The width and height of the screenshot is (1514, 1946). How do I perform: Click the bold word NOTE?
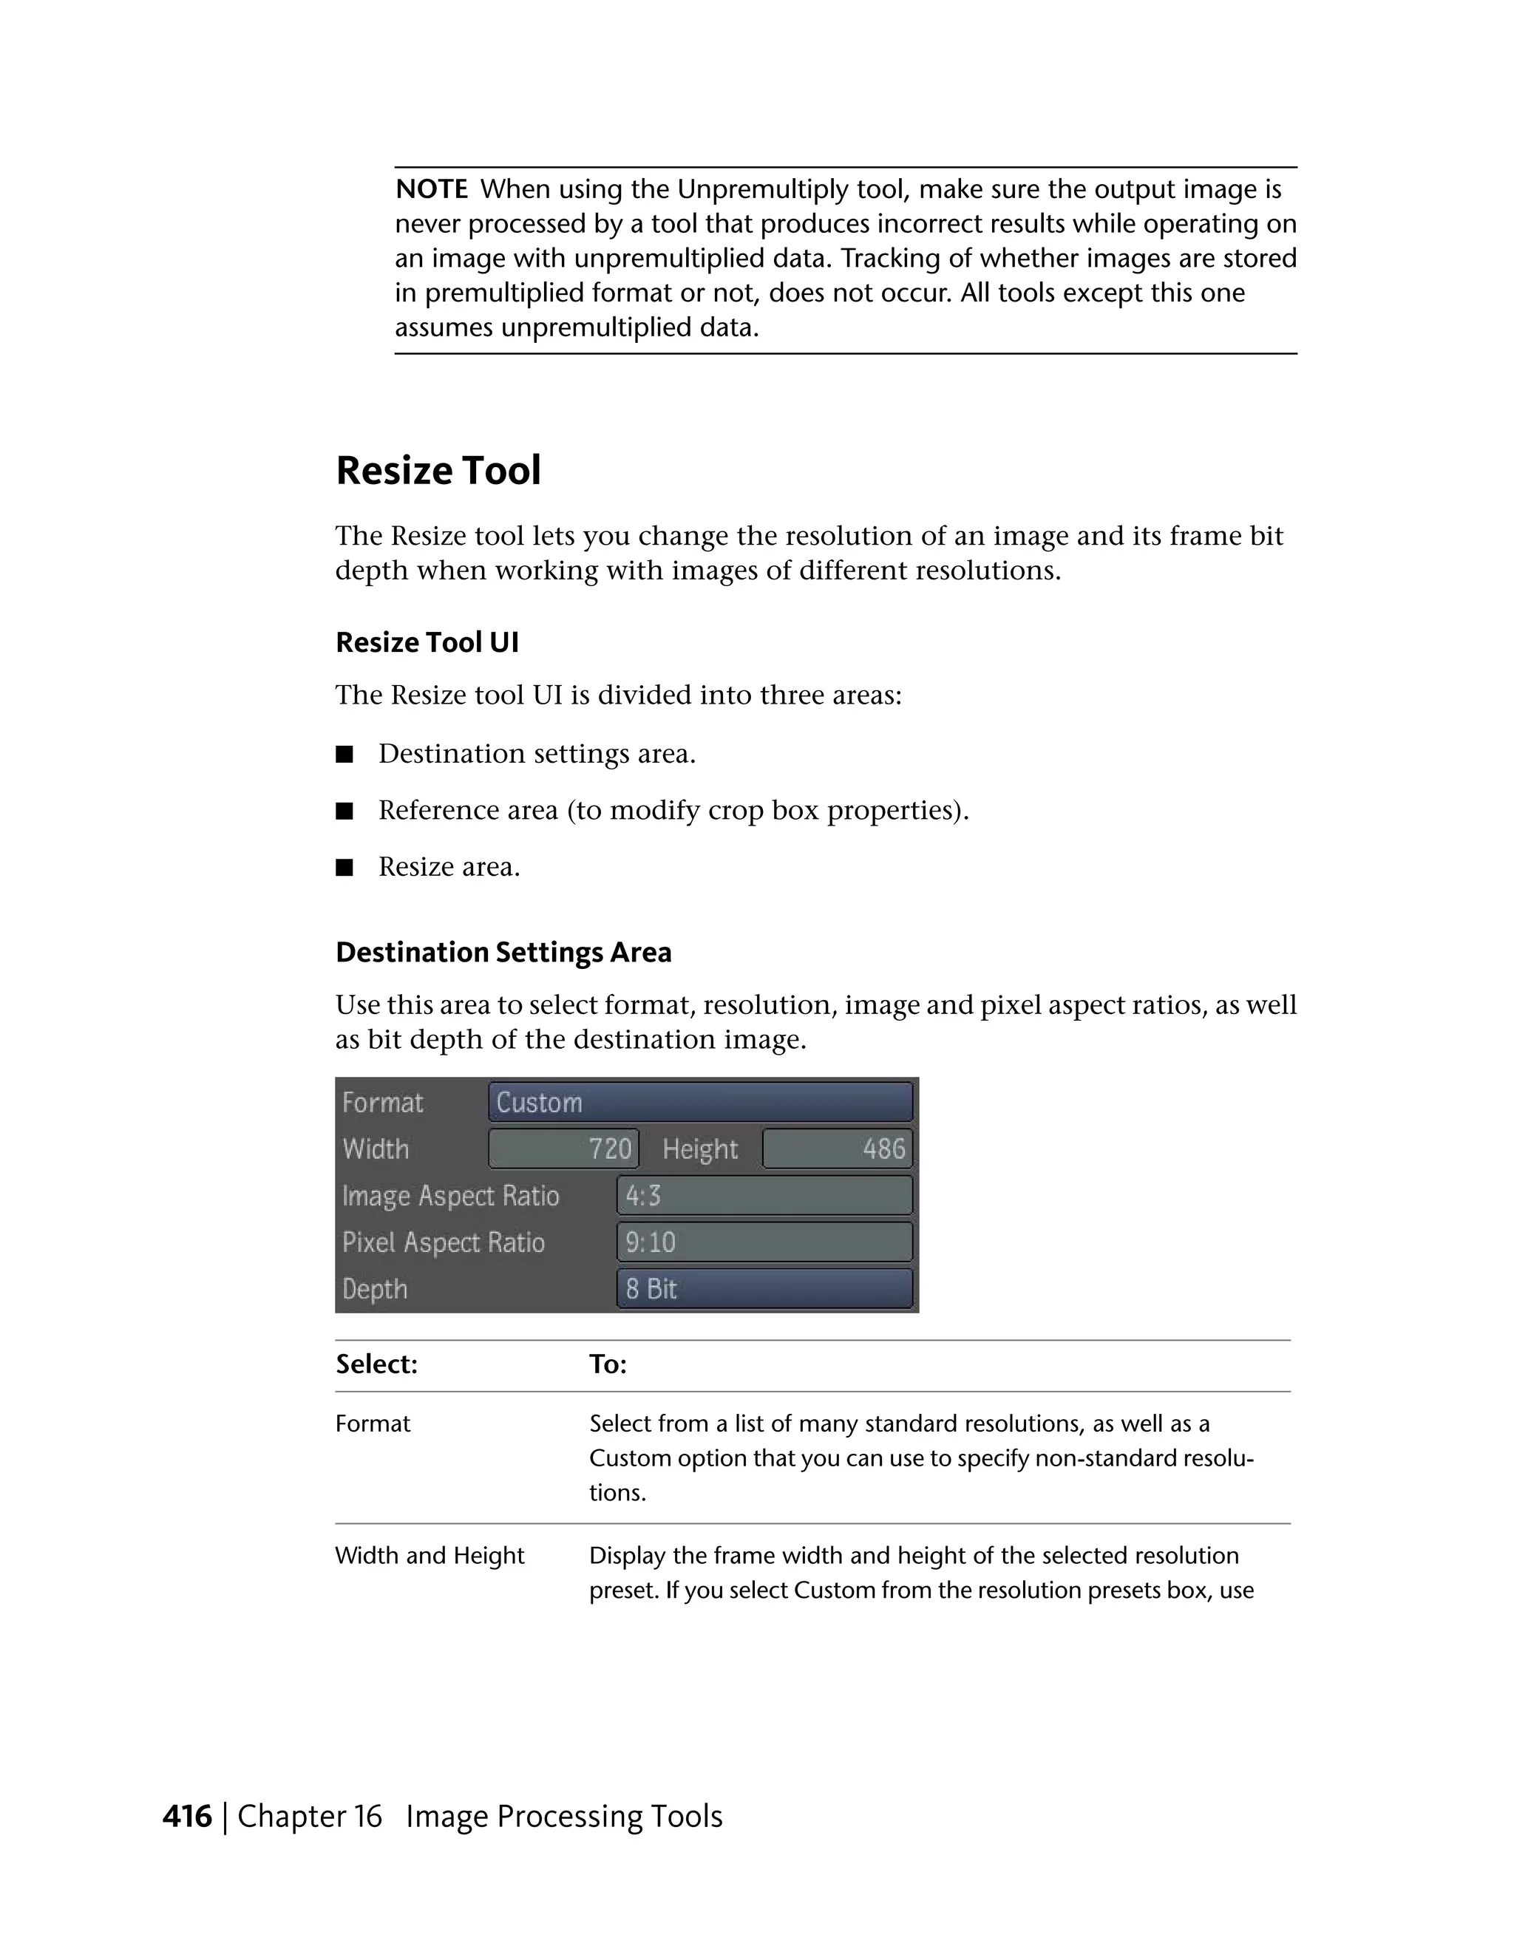431,189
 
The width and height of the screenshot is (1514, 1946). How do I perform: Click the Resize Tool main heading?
438,471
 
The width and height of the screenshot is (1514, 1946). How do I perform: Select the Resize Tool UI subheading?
427,642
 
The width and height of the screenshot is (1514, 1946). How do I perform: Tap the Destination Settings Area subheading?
503,953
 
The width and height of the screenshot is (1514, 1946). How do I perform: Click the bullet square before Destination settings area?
344,755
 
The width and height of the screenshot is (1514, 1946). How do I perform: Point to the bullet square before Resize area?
344,867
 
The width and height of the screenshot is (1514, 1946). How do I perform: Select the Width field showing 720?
563,1149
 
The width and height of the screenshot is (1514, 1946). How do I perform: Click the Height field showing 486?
837,1149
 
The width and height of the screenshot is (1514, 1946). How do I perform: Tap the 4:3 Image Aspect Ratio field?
764,1195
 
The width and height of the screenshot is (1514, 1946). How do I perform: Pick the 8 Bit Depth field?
764,1288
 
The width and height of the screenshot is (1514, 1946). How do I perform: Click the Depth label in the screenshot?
375,1288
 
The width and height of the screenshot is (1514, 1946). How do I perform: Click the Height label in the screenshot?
699,1149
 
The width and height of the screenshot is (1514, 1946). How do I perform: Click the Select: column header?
377,1364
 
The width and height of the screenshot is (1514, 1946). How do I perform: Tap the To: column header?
608,1364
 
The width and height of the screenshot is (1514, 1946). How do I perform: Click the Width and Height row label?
430,1555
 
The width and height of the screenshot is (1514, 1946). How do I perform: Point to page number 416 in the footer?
187,1816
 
